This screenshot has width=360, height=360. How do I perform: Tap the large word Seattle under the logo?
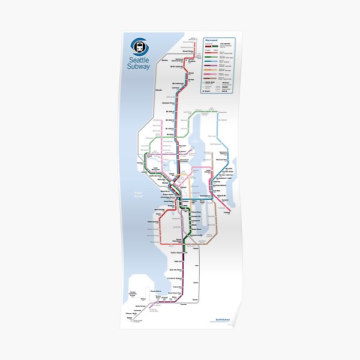[140, 59]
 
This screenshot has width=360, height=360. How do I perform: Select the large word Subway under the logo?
[140, 66]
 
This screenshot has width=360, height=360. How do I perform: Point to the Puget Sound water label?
[137, 193]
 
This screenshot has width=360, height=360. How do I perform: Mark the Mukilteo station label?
[165, 60]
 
